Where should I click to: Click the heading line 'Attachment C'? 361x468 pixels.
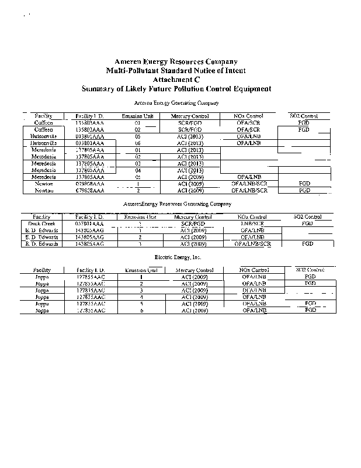pos(176,80)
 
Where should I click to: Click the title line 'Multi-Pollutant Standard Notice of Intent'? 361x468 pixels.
pos(176,70)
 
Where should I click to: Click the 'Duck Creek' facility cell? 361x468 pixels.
pos(44,223)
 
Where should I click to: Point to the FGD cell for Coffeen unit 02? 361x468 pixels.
pos(303,130)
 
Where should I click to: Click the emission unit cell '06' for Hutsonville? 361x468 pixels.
pos(138,143)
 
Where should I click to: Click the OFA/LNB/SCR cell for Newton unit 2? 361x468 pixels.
pos(250,191)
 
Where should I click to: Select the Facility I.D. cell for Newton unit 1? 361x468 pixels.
pos(90,184)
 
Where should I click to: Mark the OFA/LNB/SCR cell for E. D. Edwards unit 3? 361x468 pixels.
pos(252,243)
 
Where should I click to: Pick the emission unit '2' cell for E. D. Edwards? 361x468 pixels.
pos(141,237)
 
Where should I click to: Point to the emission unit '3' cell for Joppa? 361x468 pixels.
pos(141,290)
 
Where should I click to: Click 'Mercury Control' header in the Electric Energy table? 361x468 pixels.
pos(195,270)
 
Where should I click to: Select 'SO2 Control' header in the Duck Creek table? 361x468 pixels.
pos(306,217)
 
